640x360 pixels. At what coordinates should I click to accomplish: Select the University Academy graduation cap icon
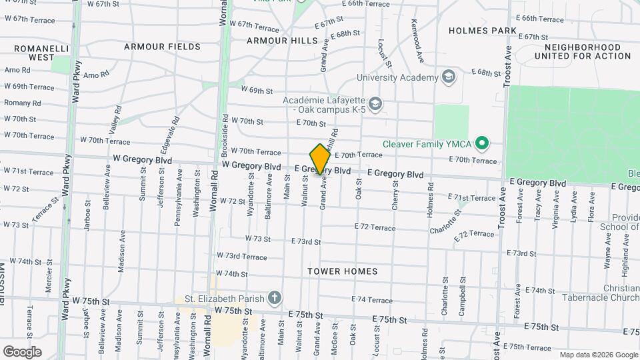[449, 77]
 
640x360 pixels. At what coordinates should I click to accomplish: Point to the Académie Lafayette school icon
[375, 104]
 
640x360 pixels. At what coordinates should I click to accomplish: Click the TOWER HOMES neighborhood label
[343, 271]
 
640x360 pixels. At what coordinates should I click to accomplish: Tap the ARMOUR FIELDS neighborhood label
[162, 47]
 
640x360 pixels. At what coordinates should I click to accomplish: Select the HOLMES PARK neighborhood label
[483, 31]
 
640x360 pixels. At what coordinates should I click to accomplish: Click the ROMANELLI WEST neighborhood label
[33, 53]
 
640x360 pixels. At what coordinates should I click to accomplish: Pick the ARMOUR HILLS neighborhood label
[283, 41]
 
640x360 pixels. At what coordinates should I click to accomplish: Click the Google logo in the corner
[22, 351]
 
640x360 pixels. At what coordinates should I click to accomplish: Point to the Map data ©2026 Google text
[599, 355]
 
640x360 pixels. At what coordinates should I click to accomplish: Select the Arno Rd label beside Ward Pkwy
[17, 70]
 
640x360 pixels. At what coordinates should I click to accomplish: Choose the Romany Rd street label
[23, 103]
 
